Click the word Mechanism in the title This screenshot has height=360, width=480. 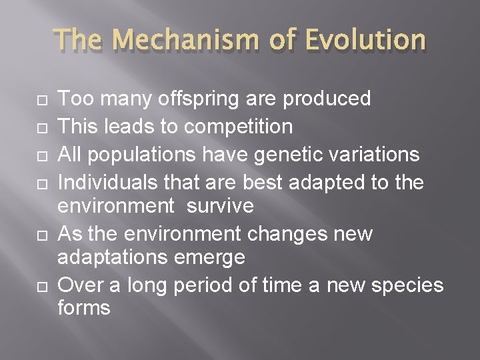[x=191, y=41]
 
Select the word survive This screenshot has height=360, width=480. [x=219, y=207]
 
